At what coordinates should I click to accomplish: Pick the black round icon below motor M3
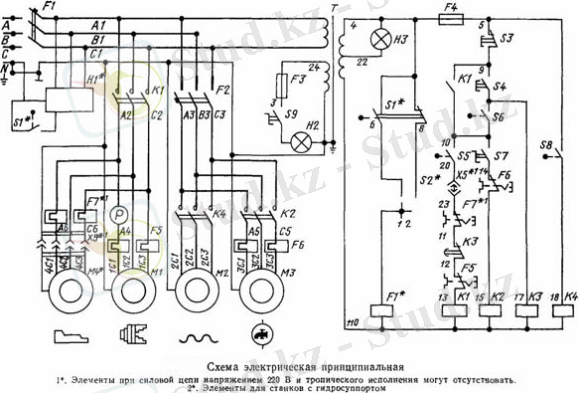pos(261,335)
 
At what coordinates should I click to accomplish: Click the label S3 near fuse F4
pos(507,38)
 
